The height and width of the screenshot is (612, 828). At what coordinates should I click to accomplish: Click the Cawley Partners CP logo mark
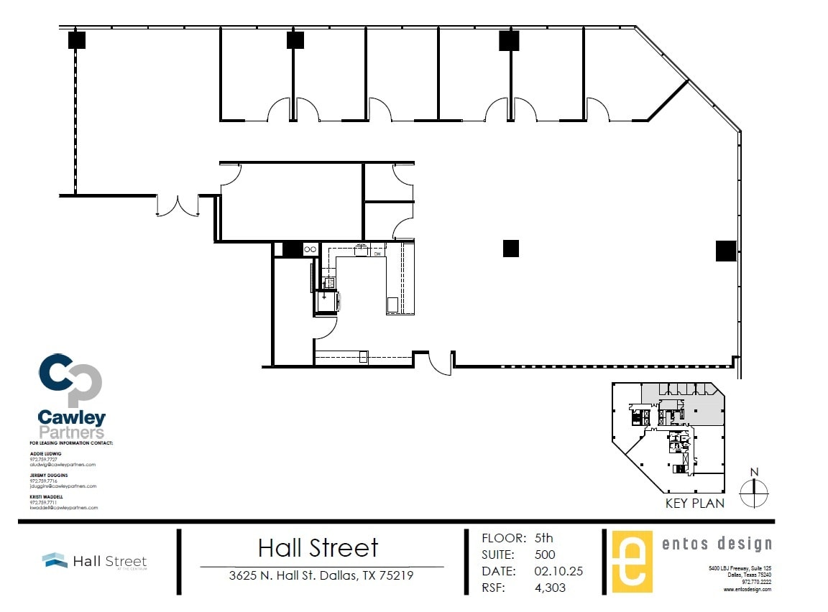(x=70, y=380)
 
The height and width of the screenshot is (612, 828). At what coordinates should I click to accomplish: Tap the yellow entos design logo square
(x=632, y=562)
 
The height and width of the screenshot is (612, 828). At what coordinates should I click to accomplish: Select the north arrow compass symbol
(x=754, y=492)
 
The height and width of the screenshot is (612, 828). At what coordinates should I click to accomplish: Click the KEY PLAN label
(x=694, y=504)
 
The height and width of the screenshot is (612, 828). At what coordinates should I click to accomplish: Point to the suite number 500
(x=545, y=555)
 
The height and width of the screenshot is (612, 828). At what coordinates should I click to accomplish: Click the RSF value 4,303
(x=550, y=588)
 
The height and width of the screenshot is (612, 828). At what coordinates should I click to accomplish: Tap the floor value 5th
(x=544, y=538)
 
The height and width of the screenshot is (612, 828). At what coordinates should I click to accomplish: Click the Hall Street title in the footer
(x=318, y=548)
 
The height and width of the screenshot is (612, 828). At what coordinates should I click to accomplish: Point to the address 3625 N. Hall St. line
(x=321, y=575)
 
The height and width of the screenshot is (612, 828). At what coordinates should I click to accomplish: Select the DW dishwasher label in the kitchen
(x=377, y=253)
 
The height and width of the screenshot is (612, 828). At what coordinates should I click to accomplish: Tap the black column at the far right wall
(x=725, y=251)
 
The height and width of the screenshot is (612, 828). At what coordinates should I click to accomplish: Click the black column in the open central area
(x=510, y=249)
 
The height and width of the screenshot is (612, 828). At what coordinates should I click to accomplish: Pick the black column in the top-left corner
(x=77, y=40)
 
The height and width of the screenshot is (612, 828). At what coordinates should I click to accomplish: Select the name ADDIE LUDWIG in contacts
(x=45, y=454)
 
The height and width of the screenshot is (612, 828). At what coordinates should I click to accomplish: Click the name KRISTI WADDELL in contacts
(x=47, y=496)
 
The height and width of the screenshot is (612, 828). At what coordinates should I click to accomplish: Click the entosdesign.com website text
(x=747, y=589)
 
